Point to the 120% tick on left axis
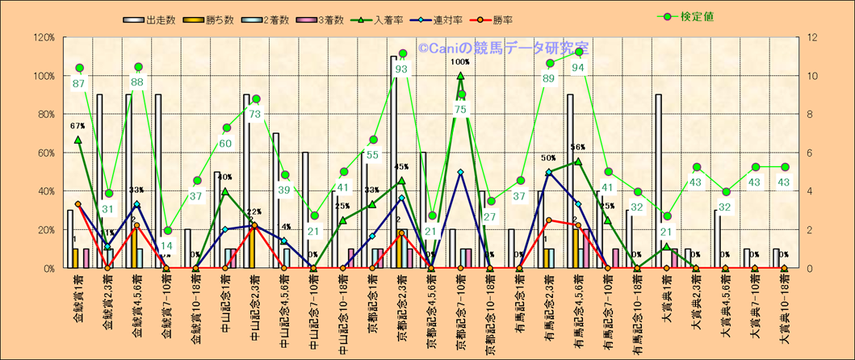tap(43, 37)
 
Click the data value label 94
tap(578, 68)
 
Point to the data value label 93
tap(401, 69)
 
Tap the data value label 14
tap(166, 247)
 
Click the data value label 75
tap(460, 110)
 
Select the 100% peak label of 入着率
tap(460, 61)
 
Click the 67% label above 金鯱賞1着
tap(78, 126)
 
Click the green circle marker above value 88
tap(138, 67)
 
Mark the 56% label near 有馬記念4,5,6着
tap(578, 148)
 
